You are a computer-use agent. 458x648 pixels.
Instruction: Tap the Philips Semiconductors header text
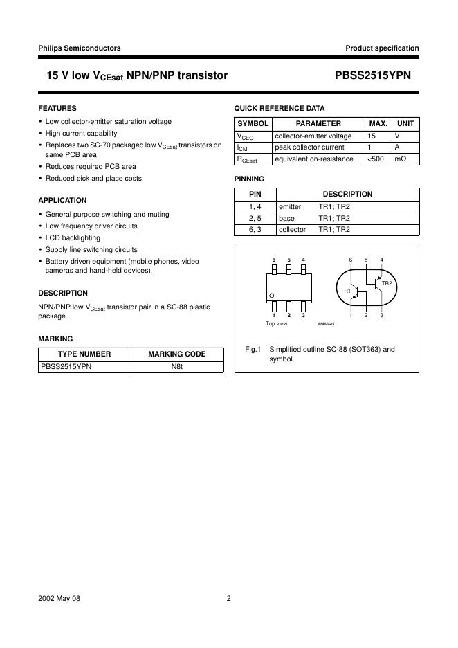pos(80,48)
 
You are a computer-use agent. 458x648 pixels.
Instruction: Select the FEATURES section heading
pos(57,109)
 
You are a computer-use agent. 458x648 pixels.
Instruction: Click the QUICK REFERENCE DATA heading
pos(280,109)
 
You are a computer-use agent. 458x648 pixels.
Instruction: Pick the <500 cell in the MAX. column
pos(378,159)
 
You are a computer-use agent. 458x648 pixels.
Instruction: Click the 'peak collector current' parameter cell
pos(309,147)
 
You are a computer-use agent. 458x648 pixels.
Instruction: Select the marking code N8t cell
pos(177,366)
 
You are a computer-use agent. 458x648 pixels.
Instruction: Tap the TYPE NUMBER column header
pos(84,354)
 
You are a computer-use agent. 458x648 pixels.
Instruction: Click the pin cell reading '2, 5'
pos(255,218)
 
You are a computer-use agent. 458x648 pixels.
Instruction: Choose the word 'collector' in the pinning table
pos(292,229)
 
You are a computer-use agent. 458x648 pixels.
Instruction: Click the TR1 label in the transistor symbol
pos(345,291)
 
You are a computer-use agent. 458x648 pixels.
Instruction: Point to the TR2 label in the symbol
pos(386,283)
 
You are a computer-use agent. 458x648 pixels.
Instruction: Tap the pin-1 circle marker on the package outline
pos(273,296)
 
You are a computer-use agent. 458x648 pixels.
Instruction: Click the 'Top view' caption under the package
pos(276,323)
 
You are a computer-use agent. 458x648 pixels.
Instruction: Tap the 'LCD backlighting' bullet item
pos(73,237)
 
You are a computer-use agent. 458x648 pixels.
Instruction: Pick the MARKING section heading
pos(55,339)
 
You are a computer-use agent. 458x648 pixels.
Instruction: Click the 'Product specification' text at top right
pos(382,48)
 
